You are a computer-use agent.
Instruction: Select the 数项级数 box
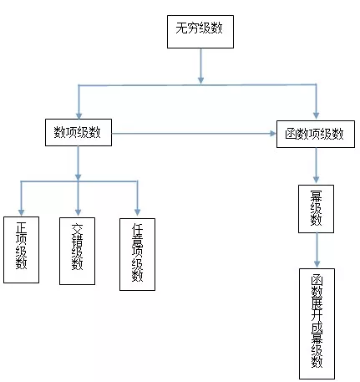tap(78, 131)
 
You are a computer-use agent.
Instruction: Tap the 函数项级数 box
tap(315, 133)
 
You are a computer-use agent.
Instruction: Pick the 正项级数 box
tap(21, 249)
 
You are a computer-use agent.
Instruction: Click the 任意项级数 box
tap(138, 252)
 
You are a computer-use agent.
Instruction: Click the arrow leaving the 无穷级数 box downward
tap(200, 66)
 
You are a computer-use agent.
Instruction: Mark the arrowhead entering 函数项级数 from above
tap(316, 115)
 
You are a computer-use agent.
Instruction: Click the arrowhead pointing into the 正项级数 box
tap(21, 210)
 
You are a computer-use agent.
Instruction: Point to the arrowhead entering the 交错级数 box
tap(78, 210)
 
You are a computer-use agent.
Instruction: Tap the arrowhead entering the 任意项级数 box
tap(138, 210)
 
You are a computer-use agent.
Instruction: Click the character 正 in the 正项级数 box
tap(21, 227)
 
